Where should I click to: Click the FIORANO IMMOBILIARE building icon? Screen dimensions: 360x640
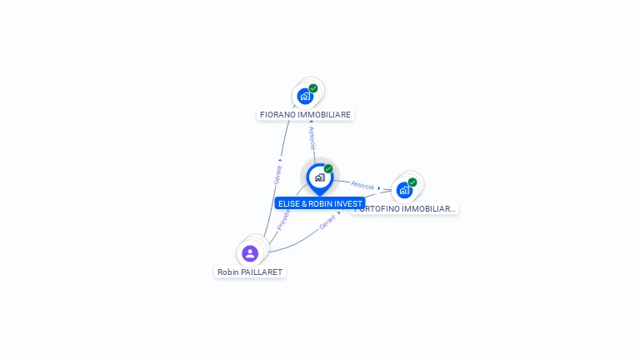tap(305, 96)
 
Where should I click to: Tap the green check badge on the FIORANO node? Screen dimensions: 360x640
tap(313, 88)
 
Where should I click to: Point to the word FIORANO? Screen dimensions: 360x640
tap(277, 115)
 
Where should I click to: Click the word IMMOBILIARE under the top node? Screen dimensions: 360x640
tap(322, 115)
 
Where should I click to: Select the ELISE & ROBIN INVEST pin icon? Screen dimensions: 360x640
tap(319, 177)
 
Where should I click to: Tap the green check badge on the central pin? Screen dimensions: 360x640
tap(328, 169)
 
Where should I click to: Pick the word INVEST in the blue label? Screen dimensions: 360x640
tap(349, 203)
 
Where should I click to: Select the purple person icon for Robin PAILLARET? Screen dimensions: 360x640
tap(250, 253)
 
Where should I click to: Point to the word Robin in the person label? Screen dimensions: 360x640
tap(227, 272)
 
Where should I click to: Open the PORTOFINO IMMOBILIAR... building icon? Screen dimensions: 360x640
tap(404, 190)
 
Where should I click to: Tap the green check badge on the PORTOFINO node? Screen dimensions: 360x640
tap(412, 182)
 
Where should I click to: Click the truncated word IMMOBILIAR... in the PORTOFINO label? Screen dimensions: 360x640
tap(429, 209)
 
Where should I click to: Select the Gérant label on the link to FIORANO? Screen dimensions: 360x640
tap(278, 173)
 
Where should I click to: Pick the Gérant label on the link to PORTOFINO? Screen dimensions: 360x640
tap(327, 222)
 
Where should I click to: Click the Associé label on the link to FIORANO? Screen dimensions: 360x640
tap(312, 137)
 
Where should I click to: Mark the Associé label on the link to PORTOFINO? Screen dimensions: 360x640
tap(362, 185)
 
